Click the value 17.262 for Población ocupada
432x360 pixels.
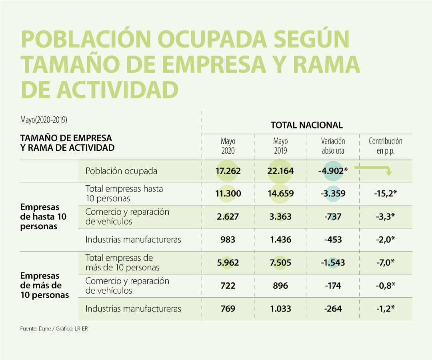point(228,171)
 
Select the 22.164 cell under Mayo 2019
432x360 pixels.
point(280,171)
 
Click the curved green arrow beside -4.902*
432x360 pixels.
point(374,170)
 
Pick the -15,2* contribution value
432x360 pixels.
point(385,194)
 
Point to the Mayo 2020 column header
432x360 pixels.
point(228,146)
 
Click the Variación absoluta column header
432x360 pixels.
point(333,146)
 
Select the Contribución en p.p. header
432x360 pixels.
point(385,146)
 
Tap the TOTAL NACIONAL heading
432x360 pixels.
point(306,125)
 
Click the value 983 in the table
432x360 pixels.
point(228,240)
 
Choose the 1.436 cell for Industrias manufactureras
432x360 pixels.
point(280,240)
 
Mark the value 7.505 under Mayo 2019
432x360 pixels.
point(280,263)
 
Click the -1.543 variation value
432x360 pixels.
point(333,263)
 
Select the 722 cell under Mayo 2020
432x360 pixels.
point(228,286)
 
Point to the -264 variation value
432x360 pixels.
point(333,309)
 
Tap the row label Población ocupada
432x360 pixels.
point(121,171)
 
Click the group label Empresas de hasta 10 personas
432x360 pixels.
point(43,217)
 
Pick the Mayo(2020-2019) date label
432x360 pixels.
point(43,120)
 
